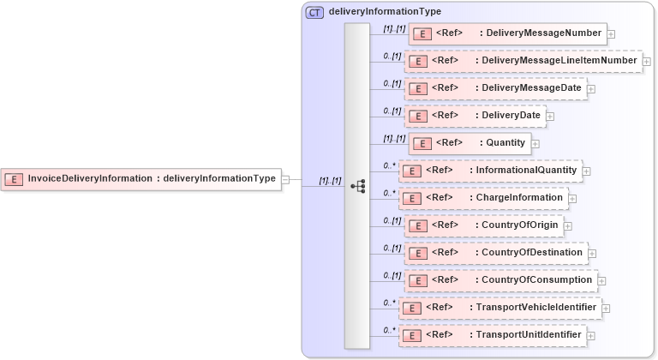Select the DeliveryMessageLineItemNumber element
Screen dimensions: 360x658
523,62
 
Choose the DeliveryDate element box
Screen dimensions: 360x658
475,116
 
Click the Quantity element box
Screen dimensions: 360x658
470,143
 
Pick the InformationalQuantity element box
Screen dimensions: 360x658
490,171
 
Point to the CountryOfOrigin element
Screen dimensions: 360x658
483,225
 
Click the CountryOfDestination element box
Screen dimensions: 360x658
495,253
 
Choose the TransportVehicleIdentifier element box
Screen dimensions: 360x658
499,308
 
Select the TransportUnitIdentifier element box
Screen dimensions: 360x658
493,335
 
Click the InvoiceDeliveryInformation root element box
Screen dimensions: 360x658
141,179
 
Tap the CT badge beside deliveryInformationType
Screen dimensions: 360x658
314,12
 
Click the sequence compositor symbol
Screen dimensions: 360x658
358,185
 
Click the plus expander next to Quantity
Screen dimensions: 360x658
535,144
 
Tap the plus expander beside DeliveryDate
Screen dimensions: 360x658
550,117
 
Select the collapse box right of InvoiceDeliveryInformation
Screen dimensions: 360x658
285,179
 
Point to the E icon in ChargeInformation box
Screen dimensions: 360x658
411,199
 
